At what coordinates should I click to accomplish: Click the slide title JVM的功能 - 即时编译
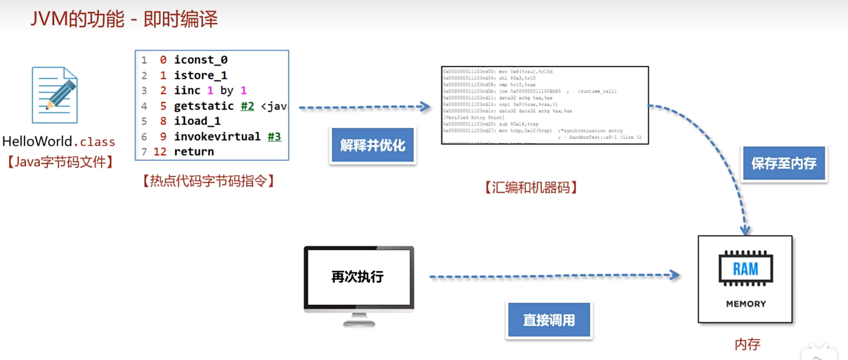coord(124,19)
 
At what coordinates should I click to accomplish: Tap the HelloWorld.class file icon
coord(55,95)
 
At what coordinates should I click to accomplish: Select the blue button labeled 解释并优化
coord(372,145)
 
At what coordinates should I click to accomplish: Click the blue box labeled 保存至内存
coord(784,163)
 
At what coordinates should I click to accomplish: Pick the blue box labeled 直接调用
coord(549,320)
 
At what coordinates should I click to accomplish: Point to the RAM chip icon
coord(746,269)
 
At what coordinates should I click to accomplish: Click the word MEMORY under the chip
coord(746,304)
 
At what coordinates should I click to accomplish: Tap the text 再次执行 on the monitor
coord(357,276)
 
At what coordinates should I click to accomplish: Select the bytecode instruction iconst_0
coord(200,60)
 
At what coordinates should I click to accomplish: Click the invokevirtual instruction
coord(217,136)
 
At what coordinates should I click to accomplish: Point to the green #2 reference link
coord(247,106)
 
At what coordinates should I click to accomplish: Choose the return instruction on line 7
coord(194,152)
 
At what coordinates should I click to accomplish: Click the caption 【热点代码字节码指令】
coord(209,181)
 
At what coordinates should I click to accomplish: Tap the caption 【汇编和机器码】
coord(531,188)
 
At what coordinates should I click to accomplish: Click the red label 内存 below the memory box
coord(747,344)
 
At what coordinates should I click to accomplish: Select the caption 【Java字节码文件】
coord(60,162)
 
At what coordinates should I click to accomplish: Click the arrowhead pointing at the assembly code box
coord(426,107)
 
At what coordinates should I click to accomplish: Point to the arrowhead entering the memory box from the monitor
coord(675,275)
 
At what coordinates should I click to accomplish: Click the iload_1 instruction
coord(197,121)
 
